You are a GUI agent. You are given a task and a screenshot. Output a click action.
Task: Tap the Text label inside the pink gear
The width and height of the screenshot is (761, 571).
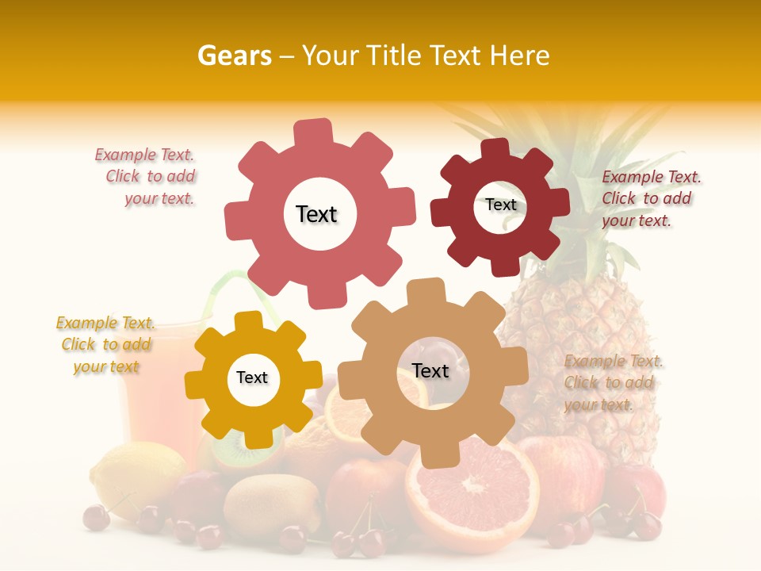(316, 214)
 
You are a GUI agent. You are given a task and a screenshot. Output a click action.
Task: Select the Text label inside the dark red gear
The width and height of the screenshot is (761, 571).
(501, 205)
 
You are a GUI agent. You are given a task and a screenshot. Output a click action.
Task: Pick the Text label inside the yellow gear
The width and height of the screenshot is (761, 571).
(252, 377)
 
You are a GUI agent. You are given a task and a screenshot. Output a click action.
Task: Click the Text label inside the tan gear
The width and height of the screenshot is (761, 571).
(430, 370)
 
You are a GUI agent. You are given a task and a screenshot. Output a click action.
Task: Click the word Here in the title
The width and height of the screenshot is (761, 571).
(520, 56)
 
